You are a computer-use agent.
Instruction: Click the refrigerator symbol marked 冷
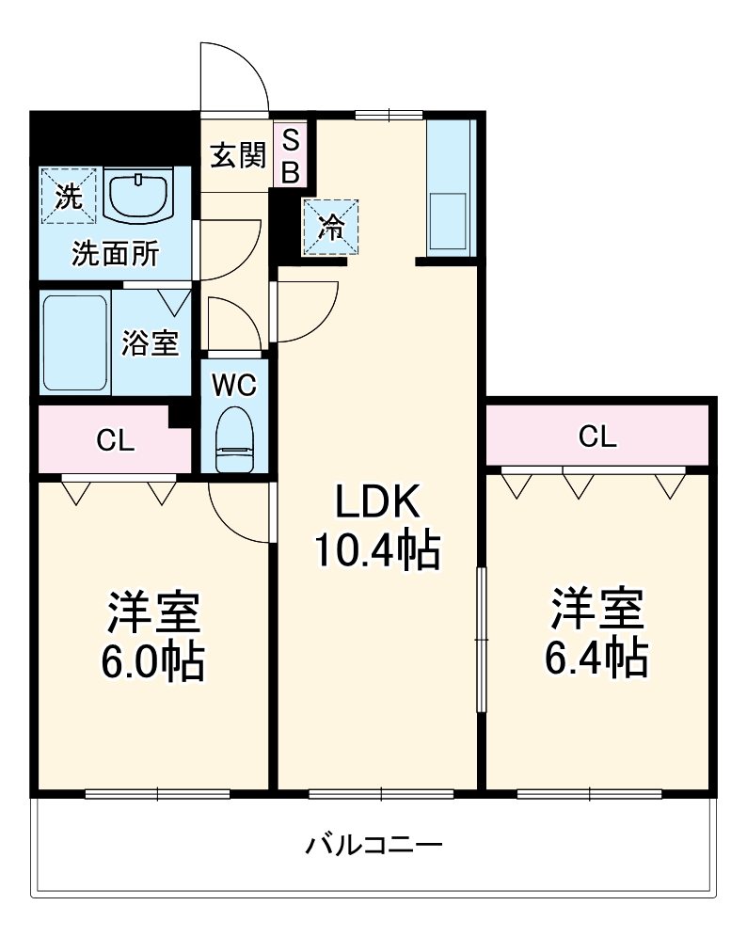pos(330,227)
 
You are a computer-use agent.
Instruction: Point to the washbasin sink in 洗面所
pos(138,195)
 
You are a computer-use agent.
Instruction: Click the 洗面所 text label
pos(116,252)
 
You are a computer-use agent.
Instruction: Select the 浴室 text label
pos(150,343)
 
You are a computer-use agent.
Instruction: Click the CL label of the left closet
pos(116,439)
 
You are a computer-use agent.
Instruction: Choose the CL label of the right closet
pos(597,436)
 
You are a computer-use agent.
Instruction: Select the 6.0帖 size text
pos(152,662)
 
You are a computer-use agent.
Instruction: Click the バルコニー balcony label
pos(373,844)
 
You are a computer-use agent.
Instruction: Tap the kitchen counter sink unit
pos(448,188)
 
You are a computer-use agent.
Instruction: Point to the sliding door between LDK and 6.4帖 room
pos(482,640)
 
